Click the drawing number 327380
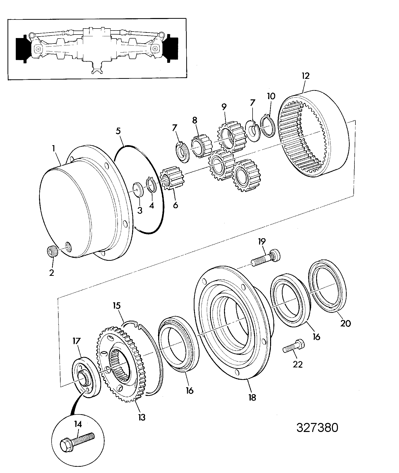pyautogui.click(x=317, y=427)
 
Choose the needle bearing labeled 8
pyautogui.click(x=202, y=146)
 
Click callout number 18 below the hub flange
pyautogui.click(x=252, y=397)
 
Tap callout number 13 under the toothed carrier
pyautogui.click(x=142, y=417)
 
